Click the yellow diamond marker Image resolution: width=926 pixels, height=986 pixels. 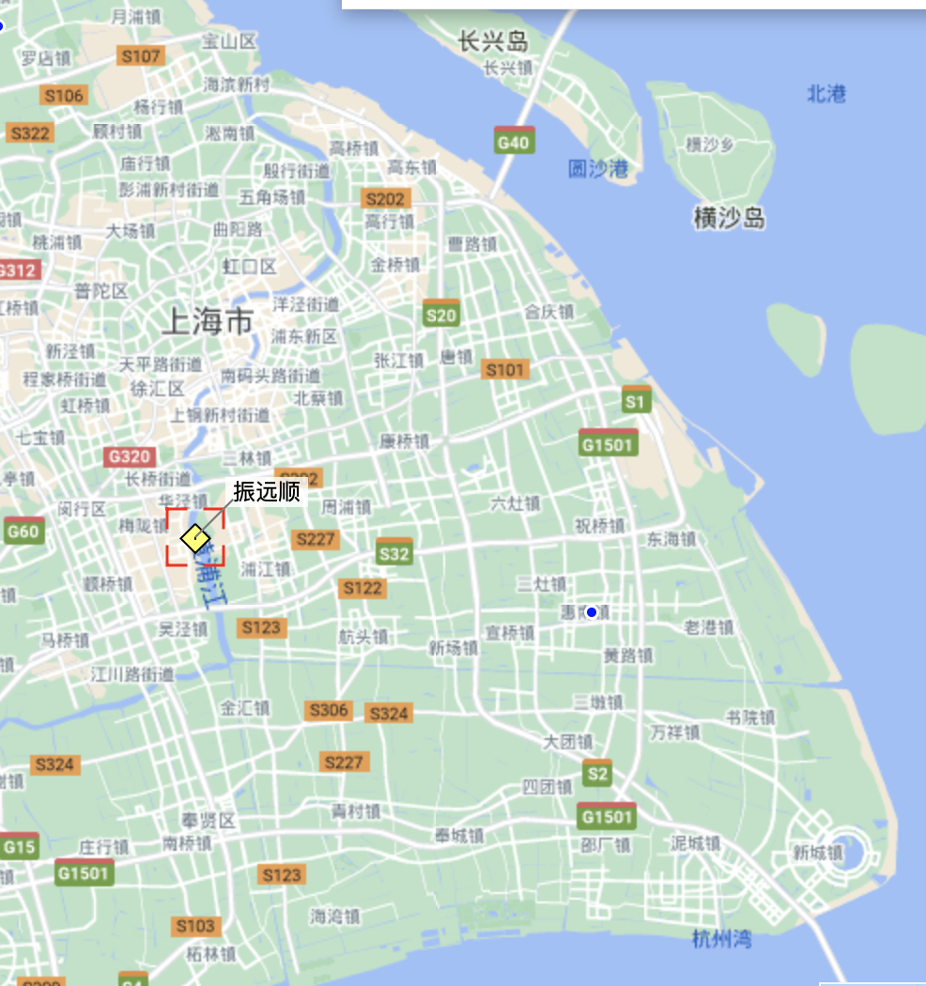pos(194,539)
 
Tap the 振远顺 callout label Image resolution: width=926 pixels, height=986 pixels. pos(267,492)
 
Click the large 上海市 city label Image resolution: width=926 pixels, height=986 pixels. pos(208,322)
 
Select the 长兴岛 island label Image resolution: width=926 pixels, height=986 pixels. pos(493,41)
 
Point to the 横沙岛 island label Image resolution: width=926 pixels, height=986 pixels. pos(729,219)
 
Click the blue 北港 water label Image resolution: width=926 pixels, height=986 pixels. pos(826,94)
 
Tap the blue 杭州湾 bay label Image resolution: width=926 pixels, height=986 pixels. pos(721,938)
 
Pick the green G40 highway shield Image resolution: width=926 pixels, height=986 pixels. pos(514,142)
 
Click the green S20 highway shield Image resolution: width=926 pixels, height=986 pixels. pos(440,315)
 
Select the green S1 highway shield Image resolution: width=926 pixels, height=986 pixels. pos(636,401)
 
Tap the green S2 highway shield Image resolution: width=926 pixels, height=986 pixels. pos(596,774)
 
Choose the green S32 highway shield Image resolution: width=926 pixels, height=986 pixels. pos(394,553)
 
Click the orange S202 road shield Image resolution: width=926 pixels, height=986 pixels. pos(385,199)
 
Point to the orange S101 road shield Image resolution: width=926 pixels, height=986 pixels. pos(504,370)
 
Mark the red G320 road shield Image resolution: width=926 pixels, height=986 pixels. pos(129,457)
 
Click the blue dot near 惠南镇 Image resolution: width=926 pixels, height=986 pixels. pos(592,612)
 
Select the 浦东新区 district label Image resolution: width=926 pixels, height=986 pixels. pos(303,336)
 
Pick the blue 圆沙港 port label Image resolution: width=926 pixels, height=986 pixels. pos(598,169)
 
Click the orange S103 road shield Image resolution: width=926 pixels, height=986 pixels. pos(195,927)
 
